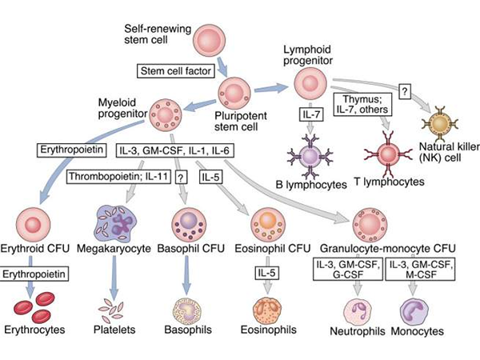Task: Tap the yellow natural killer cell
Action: click(438, 121)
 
